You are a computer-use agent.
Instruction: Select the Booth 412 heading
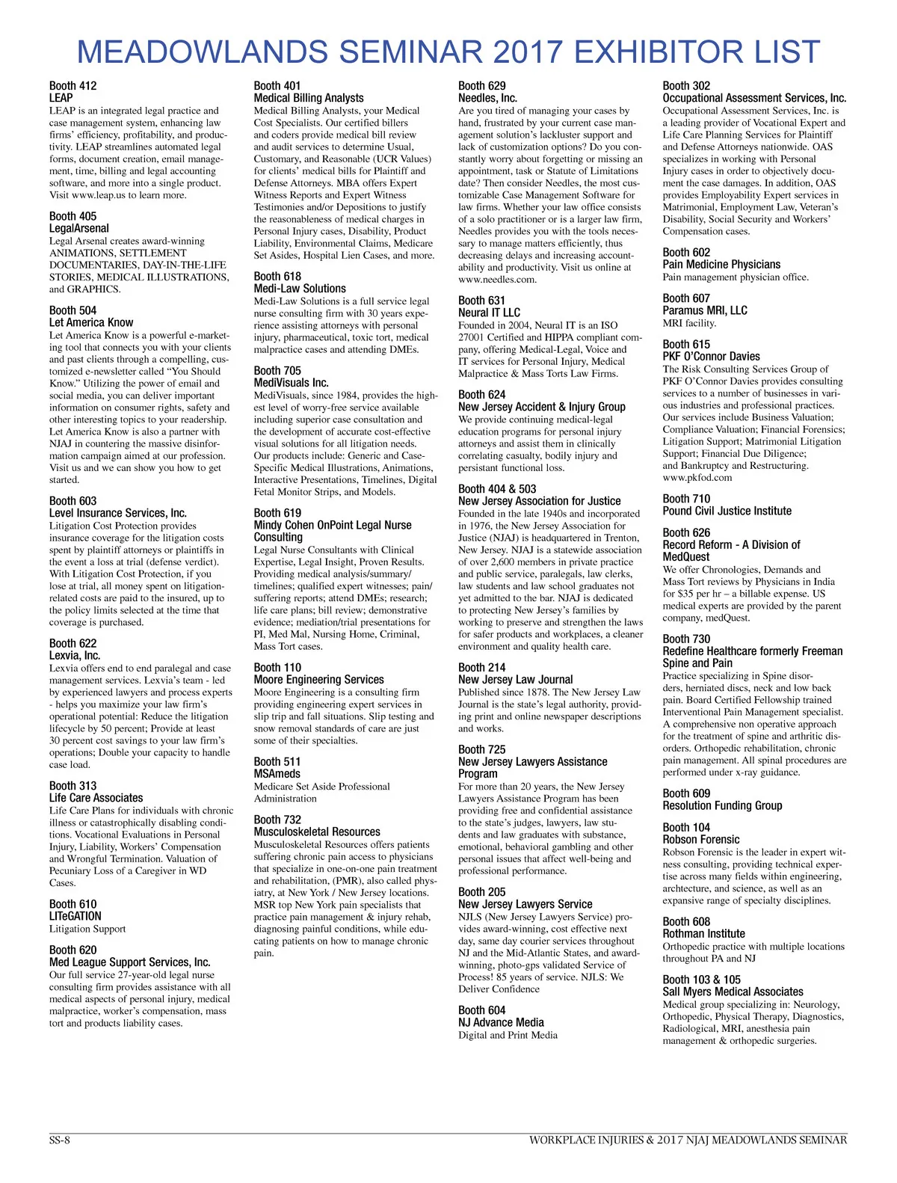click(x=73, y=86)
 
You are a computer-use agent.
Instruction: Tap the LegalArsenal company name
click(x=78, y=228)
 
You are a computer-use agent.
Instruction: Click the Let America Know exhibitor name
click(x=91, y=322)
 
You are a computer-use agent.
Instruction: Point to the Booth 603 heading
click(x=73, y=501)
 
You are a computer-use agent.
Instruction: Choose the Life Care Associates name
click(x=96, y=798)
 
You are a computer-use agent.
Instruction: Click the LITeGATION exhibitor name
click(x=75, y=916)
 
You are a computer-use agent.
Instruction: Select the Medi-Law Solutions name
click(x=300, y=289)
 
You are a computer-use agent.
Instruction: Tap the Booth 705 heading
click(x=277, y=371)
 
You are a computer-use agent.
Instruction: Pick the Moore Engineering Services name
click(x=318, y=680)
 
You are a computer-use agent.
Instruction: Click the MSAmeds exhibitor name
click(x=277, y=774)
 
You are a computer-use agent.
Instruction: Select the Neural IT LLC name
click(x=489, y=313)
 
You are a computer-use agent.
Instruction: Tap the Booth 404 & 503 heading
click(x=497, y=489)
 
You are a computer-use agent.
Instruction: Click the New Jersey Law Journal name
click(x=515, y=680)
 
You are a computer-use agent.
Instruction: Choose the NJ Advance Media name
click(x=501, y=1022)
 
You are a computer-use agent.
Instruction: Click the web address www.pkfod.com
click(x=697, y=478)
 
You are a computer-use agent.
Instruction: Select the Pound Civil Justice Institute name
click(x=727, y=511)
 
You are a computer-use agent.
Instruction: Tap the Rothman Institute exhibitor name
click(x=703, y=933)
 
